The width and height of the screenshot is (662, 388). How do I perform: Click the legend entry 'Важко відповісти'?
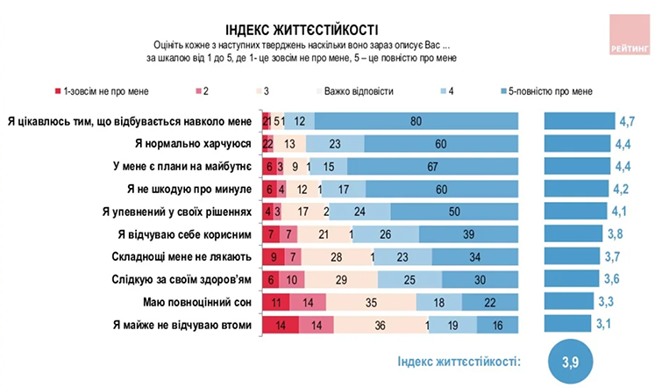click(358, 91)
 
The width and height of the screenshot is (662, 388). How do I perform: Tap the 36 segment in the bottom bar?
click(380, 325)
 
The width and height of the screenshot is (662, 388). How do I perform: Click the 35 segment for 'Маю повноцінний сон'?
click(371, 302)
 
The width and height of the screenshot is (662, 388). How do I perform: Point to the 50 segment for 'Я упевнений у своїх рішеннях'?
click(453, 212)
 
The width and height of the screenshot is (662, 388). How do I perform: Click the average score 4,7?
click(628, 120)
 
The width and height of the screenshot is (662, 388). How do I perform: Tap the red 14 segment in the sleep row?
click(310, 302)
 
